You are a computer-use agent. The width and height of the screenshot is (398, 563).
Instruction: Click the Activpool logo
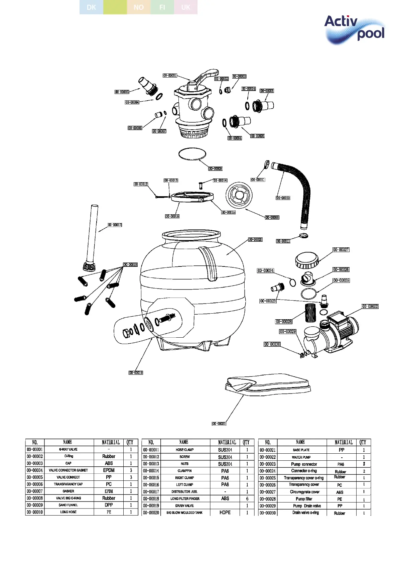point(354,29)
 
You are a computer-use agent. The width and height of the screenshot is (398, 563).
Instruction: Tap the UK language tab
point(186,7)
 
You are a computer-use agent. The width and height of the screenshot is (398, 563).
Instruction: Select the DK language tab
point(91,7)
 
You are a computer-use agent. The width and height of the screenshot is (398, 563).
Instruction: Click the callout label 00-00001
point(170,76)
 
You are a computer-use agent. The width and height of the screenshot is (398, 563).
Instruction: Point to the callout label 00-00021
point(219,424)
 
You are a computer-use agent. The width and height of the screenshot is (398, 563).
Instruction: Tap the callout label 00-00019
point(136,373)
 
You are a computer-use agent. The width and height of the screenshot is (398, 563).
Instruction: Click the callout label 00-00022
point(370,306)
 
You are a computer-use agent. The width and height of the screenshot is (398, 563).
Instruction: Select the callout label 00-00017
point(115,225)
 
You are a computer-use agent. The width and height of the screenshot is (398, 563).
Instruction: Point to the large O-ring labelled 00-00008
point(192,154)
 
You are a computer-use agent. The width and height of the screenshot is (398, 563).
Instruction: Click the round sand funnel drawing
point(239,195)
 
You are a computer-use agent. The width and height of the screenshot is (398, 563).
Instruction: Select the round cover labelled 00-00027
point(307,260)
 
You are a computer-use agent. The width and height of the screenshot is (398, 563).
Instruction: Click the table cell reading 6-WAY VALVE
point(69,450)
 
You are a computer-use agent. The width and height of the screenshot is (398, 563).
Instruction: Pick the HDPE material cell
point(225,513)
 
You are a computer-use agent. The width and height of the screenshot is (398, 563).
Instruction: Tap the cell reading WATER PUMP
point(301,457)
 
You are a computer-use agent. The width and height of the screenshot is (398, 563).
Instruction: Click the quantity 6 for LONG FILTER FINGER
point(247,498)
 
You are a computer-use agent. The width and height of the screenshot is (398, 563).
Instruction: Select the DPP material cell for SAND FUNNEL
point(109,505)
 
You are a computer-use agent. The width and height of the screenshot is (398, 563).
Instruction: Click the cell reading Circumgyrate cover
point(304,492)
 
